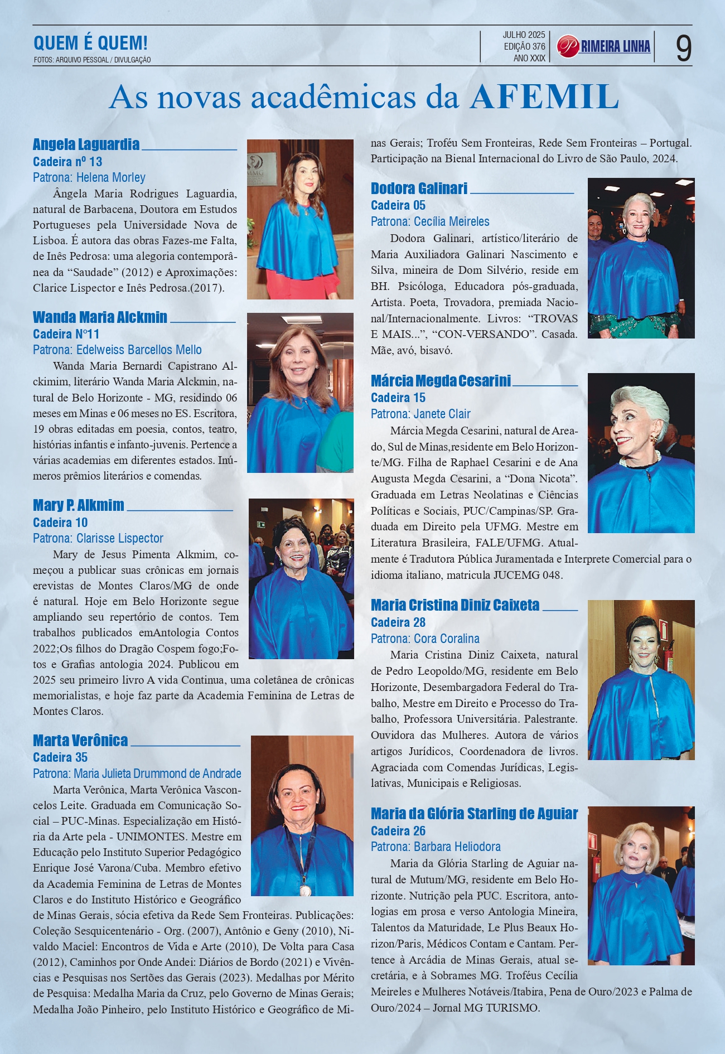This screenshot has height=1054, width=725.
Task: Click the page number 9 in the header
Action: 683,48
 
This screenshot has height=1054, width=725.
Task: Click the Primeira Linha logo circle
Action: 568,46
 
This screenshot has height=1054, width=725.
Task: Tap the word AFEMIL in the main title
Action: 544,97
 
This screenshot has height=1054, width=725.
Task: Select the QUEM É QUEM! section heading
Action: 90,43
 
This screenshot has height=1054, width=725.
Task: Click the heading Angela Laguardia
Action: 86,144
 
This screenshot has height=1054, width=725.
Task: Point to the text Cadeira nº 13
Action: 67,162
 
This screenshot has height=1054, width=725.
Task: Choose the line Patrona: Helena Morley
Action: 89,177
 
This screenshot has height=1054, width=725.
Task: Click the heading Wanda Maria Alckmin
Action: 100,317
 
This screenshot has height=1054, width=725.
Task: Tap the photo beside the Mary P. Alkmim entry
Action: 301,578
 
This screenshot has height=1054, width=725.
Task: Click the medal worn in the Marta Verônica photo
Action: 305,890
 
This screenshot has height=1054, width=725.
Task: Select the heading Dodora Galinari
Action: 419,188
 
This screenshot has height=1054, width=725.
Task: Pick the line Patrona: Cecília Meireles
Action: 430,221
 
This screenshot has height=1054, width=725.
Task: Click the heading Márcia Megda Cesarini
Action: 441,381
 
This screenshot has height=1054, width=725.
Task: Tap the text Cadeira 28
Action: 398,622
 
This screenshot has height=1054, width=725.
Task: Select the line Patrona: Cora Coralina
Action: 425,639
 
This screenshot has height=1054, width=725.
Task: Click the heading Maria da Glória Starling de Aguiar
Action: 474,814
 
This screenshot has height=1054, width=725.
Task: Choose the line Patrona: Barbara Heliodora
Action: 436,847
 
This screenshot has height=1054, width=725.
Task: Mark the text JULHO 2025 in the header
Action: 524,35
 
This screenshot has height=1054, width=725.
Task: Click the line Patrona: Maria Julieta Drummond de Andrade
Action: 137,773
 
